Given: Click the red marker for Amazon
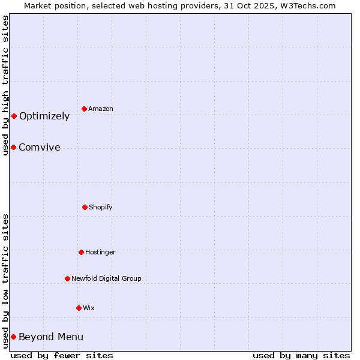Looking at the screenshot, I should click(84, 109).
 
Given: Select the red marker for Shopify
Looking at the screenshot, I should click(85, 207).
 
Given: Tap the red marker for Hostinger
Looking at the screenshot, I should click(81, 252).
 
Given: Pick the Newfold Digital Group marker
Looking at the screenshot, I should click(67, 278).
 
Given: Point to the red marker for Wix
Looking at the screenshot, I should click(79, 308).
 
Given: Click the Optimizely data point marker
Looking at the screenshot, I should click(14, 116).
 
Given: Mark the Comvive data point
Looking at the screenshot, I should click(13, 147).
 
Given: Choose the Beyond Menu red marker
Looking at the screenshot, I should click(13, 337).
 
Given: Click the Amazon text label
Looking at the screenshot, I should click(101, 109).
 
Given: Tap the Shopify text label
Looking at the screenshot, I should click(101, 207).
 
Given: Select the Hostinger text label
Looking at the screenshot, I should click(100, 252).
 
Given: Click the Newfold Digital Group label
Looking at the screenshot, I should click(106, 278).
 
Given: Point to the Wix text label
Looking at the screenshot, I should click(89, 308).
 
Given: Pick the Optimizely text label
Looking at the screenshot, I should click(44, 116).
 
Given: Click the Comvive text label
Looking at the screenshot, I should click(40, 148).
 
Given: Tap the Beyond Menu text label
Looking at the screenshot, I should click(51, 337).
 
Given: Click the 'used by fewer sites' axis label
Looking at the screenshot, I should click(62, 355).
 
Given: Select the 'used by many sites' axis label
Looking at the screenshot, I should click(301, 355).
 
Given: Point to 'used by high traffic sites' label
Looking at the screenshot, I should click(5, 85).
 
